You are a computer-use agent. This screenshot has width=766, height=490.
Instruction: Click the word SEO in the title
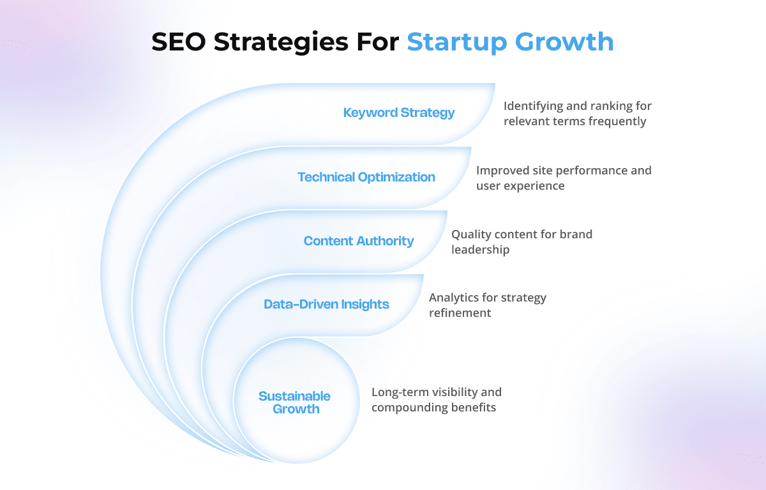click(x=179, y=42)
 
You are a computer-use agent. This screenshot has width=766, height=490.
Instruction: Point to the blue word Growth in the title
click(x=564, y=42)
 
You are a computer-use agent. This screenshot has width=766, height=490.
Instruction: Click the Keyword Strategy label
click(x=399, y=112)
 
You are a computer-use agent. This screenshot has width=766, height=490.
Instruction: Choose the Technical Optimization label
click(x=366, y=177)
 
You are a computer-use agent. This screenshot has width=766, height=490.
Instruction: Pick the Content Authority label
click(x=359, y=241)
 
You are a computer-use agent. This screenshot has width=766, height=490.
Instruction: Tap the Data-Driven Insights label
click(x=326, y=304)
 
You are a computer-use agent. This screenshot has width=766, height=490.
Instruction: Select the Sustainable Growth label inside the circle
click(x=294, y=402)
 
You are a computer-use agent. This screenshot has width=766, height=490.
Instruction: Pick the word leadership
click(x=481, y=250)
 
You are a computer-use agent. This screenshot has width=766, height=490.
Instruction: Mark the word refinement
click(x=460, y=313)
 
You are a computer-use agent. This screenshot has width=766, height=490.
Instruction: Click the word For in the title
click(x=377, y=42)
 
